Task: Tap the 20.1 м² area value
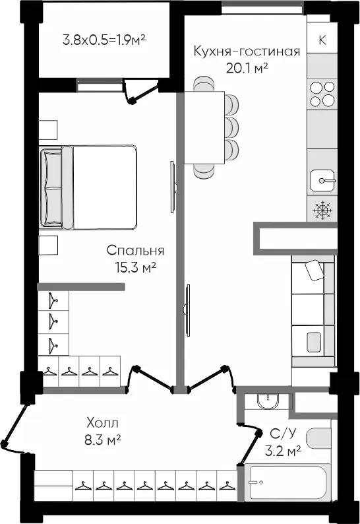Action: coord(247,67)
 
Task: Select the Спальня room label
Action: coord(135,251)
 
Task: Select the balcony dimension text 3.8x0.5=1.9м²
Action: coord(104,40)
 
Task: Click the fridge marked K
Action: coord(322,40)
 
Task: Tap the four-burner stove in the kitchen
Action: coord(322,93)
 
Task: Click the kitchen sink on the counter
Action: coord(322,179)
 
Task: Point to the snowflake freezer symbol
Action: coord(322,210)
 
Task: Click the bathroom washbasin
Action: coord(265,400)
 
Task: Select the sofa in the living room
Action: coord(313,313)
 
